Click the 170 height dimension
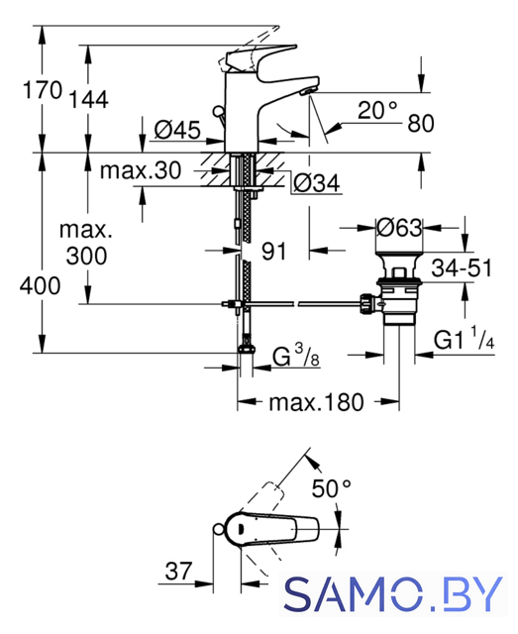click(43, 90)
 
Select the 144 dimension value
click(89, 99)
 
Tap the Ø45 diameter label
click(177, 130)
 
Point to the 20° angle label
click(377, 110)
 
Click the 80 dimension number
click(421, 123)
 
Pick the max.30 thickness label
click(141, 170)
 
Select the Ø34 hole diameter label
click(317, 183)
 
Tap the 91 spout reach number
click(273, 251)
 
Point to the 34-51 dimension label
click(462, 267)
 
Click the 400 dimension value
click(40, 285)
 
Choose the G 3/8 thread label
click(296, 356)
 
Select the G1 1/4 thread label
click(464, 339)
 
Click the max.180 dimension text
click(317, 402)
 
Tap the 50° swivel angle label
click(331, 488)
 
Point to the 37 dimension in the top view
click(178, 571)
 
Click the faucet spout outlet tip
click(306, 92)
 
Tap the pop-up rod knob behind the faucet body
click(218, 111)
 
